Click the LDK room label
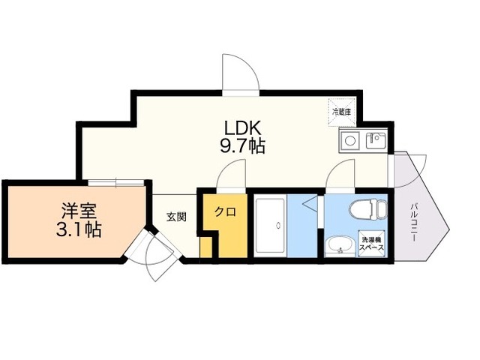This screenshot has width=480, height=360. [x=243, y=128]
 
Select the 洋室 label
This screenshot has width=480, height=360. [x=79, y=211]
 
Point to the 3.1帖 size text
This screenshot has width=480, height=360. [x=79, y=229]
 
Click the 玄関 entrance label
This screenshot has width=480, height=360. [x=176, y=217]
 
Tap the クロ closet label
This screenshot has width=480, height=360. [x=225, y=211]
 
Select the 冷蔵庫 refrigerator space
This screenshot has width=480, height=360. [x=342, y=112]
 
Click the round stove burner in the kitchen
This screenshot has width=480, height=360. [x=350, y=141]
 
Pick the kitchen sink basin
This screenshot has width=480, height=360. [x=376, y=141]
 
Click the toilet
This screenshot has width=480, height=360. [x=368, y=210]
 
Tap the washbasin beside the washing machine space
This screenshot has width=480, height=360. [x=340, y=247]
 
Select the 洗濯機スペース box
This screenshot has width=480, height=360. [x=372, y=243]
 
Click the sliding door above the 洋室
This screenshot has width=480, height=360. [x=116, y=183]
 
